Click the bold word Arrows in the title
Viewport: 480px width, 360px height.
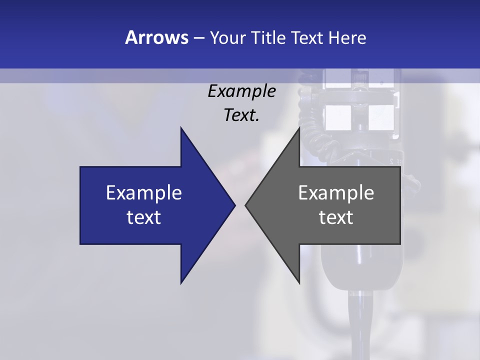[156, 37]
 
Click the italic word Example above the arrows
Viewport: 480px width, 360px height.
[241, 91]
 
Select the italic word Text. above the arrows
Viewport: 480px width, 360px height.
[241, 115]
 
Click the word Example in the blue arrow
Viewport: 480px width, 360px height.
[144, 193]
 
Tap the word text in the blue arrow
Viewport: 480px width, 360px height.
[144, 217]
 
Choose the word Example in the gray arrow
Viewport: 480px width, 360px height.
[336, 193]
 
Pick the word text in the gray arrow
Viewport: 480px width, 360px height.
[336, 217]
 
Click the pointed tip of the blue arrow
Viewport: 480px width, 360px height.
[234, 205]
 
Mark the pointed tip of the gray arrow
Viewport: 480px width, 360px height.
[246, 205]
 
